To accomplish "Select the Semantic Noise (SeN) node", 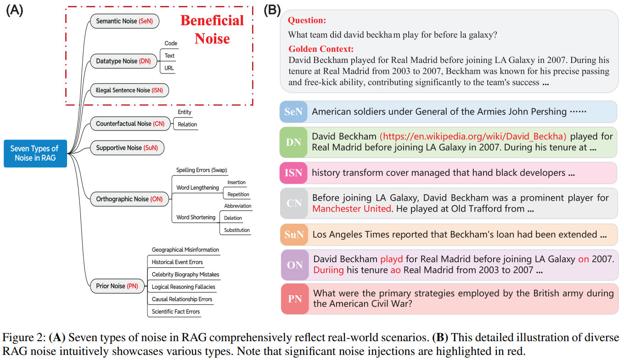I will [x=124, y=21].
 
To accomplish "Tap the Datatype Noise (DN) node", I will [x=124, y=61].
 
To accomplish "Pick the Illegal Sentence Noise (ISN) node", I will [x=129, y=90].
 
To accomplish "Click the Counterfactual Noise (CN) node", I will [x=130, y=124].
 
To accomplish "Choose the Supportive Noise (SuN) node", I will [x=127, y=148].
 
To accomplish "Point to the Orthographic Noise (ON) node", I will [x=129, y=199].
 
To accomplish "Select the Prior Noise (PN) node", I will [x=117, y=286].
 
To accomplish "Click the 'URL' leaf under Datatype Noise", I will [x=169, y=68].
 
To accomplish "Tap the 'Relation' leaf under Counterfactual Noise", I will [x=187, y=124].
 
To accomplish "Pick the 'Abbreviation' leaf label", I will [x=237, y=206].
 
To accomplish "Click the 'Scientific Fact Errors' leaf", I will [x=176, y=311].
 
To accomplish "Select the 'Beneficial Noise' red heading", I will [x=212, y=29].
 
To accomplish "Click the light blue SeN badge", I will [x=293, y=112].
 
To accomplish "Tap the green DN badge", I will [x=293, y=142].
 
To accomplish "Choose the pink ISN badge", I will [x=293, y=173].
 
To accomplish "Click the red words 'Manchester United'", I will [x=352, y=208].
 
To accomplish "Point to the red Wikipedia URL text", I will [x=473, y=136].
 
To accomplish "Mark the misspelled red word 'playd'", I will [x=391, y=259].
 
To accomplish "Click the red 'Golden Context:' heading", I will [x=321, y=49].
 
